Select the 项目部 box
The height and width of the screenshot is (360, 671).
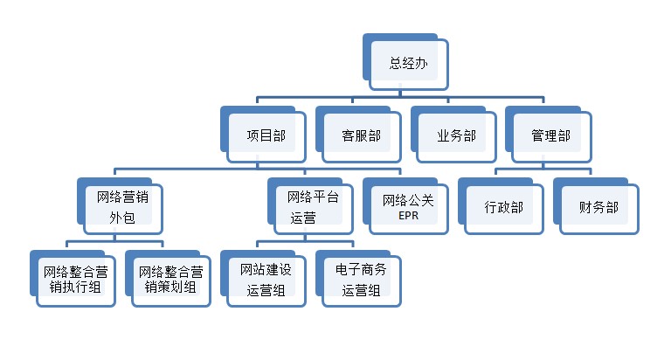tap(266, 135)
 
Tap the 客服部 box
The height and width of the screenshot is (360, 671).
tap(361, 135)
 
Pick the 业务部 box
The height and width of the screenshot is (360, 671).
tap(455, 135)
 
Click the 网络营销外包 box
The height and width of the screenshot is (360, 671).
tap(121, 207)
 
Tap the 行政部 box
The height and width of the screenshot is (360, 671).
tap(503, 208)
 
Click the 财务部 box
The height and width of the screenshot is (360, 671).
tap(598, 208)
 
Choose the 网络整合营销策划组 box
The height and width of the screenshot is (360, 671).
tap(169, 279)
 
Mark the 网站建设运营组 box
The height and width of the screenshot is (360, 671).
tap(265, 280)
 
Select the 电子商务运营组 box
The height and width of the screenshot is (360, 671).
tap(360, 280)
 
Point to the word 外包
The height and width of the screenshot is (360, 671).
tap(121, 217)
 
